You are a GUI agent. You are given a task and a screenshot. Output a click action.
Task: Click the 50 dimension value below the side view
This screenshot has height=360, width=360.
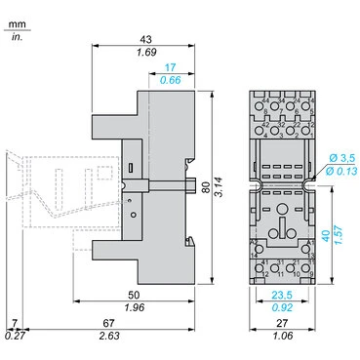[144, 295]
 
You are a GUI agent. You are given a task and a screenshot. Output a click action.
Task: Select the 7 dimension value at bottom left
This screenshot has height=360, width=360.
[14, 324]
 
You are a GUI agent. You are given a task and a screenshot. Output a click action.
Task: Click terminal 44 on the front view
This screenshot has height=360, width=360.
[265, 101]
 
